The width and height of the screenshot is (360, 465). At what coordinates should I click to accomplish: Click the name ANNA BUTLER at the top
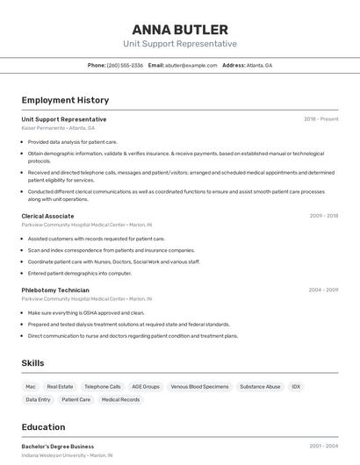(x=180, y=29)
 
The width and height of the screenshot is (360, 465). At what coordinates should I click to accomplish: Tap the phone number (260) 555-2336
(x=125, y=65)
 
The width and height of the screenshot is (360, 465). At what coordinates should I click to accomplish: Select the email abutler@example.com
(x=190, y=65)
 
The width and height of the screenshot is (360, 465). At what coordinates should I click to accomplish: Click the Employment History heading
(x=65, y=100)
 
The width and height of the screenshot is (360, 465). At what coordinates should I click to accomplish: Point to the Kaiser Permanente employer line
(x=58, y=128)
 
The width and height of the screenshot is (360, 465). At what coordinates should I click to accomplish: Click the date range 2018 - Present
(x=321, y=119)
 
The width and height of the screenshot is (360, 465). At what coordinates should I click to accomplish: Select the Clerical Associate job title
(x=47, y=216)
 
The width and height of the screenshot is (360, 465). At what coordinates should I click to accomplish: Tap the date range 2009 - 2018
(x=324, y=216)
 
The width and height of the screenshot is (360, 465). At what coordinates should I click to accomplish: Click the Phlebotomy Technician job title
(x=55, y=290)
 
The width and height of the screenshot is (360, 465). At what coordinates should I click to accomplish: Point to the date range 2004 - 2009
(x=323, y=290)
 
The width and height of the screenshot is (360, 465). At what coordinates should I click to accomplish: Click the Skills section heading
(x=32, y=363)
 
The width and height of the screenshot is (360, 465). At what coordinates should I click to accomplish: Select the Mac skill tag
(x=31, y=386)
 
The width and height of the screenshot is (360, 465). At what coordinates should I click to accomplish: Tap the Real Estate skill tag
(x=60, y=386)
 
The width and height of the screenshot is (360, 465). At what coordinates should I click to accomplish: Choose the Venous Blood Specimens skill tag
(x=199, y=386)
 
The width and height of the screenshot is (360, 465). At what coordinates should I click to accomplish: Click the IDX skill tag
(x=296, y=386)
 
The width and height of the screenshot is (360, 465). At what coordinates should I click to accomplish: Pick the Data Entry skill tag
(x=38, y=399)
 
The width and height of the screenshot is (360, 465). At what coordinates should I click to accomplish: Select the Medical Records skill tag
(x=120, y=399)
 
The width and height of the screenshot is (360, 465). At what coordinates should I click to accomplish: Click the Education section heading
(x=44, y=427)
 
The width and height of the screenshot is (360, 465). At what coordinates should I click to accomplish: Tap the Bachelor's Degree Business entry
(x=58, y=447)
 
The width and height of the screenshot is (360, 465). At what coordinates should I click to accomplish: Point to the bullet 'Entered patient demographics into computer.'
(x=80, y=273)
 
